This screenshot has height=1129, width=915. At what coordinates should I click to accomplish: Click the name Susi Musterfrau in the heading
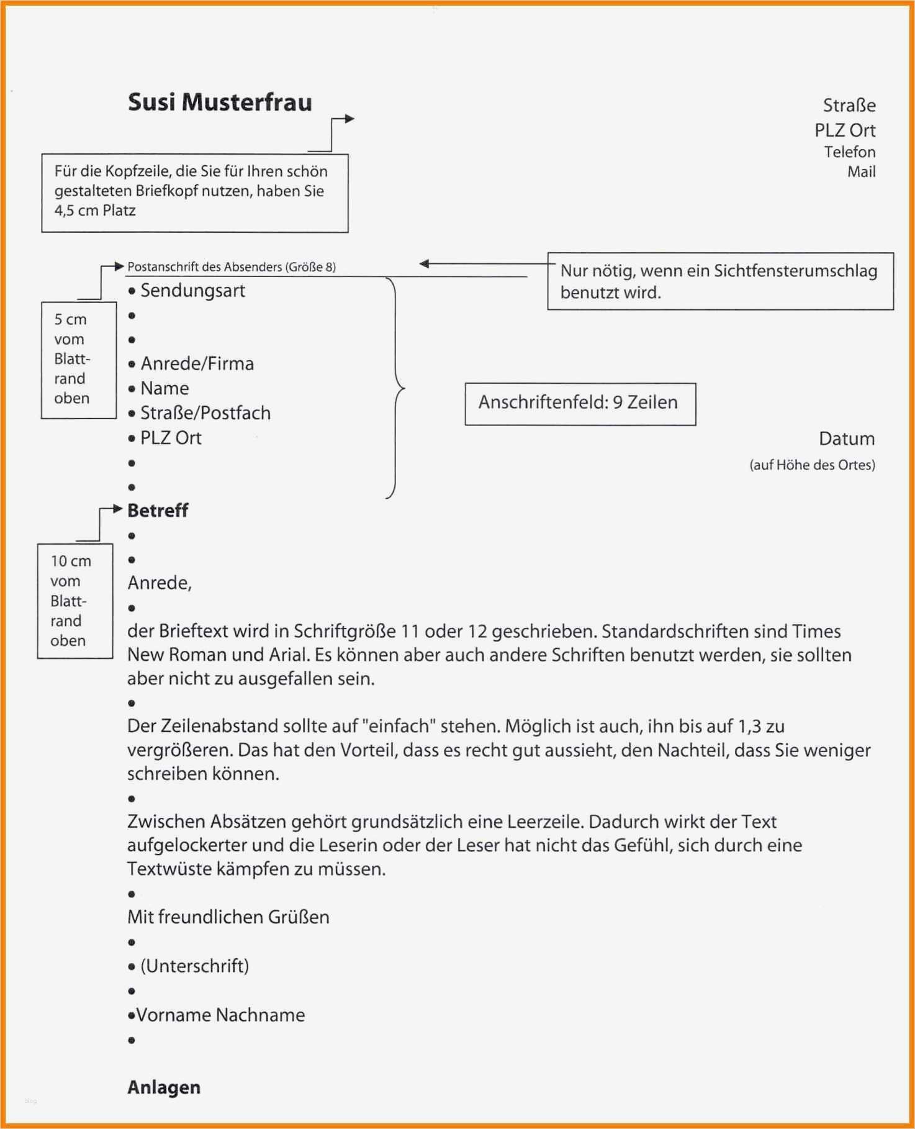[220, 102]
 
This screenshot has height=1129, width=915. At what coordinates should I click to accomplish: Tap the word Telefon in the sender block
[849, 152]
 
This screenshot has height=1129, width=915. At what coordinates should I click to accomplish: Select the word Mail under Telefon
[861, 172]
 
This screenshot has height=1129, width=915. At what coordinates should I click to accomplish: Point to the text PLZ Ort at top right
[845, 130]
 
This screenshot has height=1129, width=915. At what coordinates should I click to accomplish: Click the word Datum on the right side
[846, 439]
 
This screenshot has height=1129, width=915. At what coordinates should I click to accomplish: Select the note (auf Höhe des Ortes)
[812, 465]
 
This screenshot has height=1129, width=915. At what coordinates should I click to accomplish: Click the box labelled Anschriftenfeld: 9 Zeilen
[580, 404]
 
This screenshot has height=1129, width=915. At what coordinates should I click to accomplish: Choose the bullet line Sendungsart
[192, 291]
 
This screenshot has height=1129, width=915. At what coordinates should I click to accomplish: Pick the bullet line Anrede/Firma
[197, 364]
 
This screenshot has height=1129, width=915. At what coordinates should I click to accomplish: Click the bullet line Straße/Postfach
[205, 413]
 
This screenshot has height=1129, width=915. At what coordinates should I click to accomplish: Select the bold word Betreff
[158, 510]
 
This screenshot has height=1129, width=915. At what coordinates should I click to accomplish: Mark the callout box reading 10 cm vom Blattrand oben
[74, 601]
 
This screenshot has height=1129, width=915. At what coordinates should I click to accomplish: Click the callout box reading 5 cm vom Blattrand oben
[78, 360]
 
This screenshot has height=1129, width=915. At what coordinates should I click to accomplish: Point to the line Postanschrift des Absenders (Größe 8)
[231, 267]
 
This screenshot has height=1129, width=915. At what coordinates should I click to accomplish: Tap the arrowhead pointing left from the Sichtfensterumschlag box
[425, 264]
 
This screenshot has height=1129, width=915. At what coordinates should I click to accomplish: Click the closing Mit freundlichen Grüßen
[228, 917]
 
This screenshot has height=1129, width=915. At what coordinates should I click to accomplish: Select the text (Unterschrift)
[194, 966]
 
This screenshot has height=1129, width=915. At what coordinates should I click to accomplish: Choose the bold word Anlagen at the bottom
[164, 1087]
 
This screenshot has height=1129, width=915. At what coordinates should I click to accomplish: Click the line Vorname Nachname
[220, 1015]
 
